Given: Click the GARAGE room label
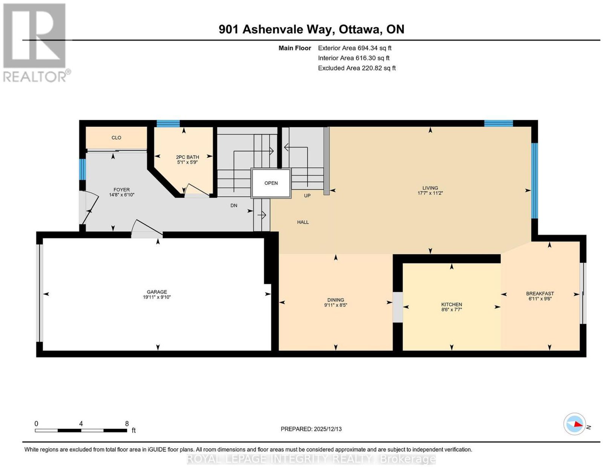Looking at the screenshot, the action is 157,292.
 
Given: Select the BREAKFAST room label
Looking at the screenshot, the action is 540,294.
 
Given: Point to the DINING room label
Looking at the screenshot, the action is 336,300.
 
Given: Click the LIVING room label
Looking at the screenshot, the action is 430,188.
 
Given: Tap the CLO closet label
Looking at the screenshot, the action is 116,138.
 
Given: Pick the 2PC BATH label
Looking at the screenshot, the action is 188,157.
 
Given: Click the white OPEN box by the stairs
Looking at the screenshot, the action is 271,183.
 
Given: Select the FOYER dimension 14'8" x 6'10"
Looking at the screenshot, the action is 122,195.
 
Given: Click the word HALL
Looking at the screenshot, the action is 303,222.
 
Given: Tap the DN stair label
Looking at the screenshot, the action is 234,206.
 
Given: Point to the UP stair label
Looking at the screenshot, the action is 307,196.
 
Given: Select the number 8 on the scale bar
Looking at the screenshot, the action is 127,424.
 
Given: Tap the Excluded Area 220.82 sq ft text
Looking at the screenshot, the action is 357,68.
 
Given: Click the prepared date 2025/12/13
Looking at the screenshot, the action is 328,429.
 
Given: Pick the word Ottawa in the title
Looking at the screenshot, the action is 359,29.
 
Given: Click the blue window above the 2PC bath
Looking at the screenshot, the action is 168,124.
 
